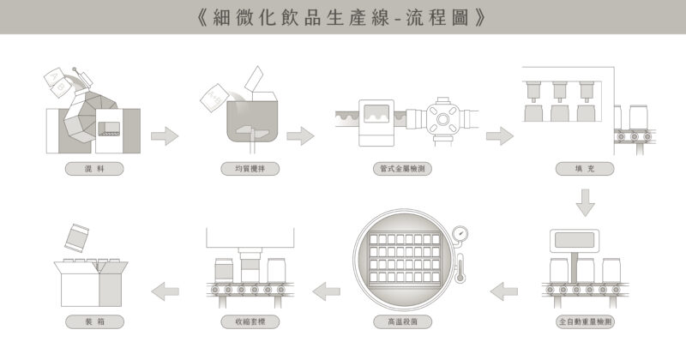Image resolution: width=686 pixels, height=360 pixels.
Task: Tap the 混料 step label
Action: [94, 169]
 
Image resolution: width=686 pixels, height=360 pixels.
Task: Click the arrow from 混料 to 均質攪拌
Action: [164, 135]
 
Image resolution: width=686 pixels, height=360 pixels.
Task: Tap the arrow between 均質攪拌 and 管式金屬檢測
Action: [300, 135]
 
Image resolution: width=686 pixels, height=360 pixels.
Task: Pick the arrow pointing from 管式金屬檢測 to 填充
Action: [499, 135]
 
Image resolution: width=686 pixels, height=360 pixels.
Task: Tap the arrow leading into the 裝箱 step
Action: [164, 293]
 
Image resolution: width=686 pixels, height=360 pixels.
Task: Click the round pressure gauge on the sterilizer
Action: [461, 233]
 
